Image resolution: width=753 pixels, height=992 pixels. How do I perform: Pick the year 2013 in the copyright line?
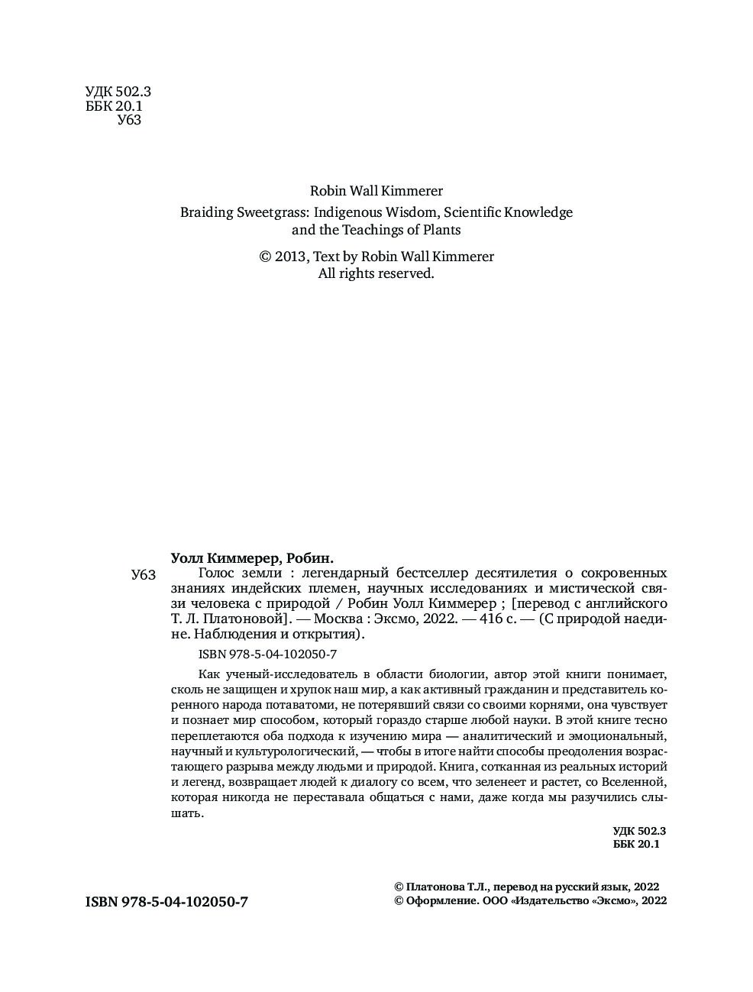point(290,257)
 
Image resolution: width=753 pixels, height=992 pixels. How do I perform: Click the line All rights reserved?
point(376,273)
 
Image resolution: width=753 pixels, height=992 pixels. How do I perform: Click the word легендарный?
point(341,573)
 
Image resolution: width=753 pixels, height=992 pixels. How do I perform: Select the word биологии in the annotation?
point(457,674)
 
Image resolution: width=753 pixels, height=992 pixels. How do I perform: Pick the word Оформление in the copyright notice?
point(441,900)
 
